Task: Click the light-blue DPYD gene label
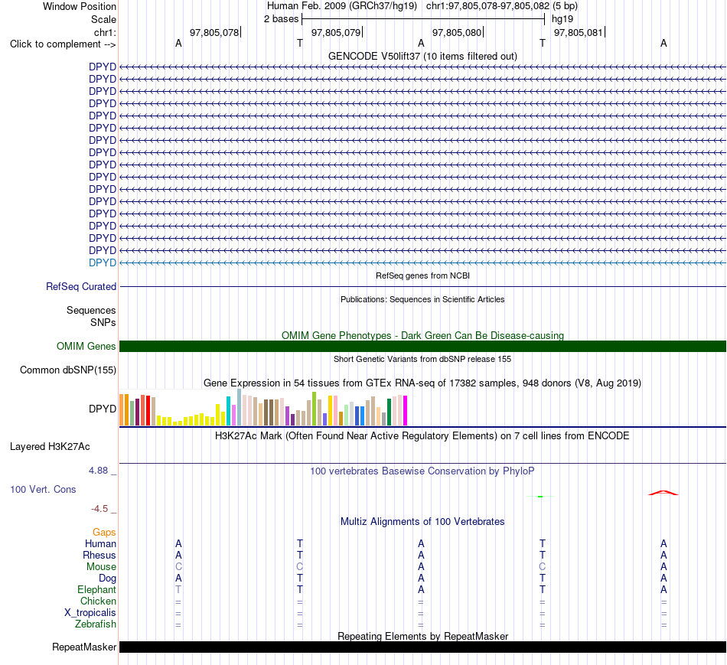click(103, 262)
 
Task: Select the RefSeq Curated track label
click(81, 287)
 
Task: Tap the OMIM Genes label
click(86, 346)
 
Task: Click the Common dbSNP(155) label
click(68, 370)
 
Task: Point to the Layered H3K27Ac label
click(50, 447)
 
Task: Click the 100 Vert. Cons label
click(43, 489)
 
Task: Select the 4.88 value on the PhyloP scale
click(98, 470)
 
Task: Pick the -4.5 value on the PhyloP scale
click(99, 509)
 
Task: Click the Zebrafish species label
click(96, 624)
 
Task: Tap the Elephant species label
click(97, 589)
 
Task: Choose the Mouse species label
click(101, 567)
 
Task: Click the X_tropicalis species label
click(90, 613)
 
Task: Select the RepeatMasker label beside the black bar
click(84, 647)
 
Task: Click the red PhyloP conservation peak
click(663, 492)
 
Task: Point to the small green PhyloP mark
click(540, 496)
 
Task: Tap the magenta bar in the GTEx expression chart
click(406, 410)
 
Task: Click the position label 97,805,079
click(336, 32)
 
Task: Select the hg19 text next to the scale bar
click(562, 19)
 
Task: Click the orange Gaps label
click(104, 533)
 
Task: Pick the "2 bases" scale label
click(282, 19)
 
